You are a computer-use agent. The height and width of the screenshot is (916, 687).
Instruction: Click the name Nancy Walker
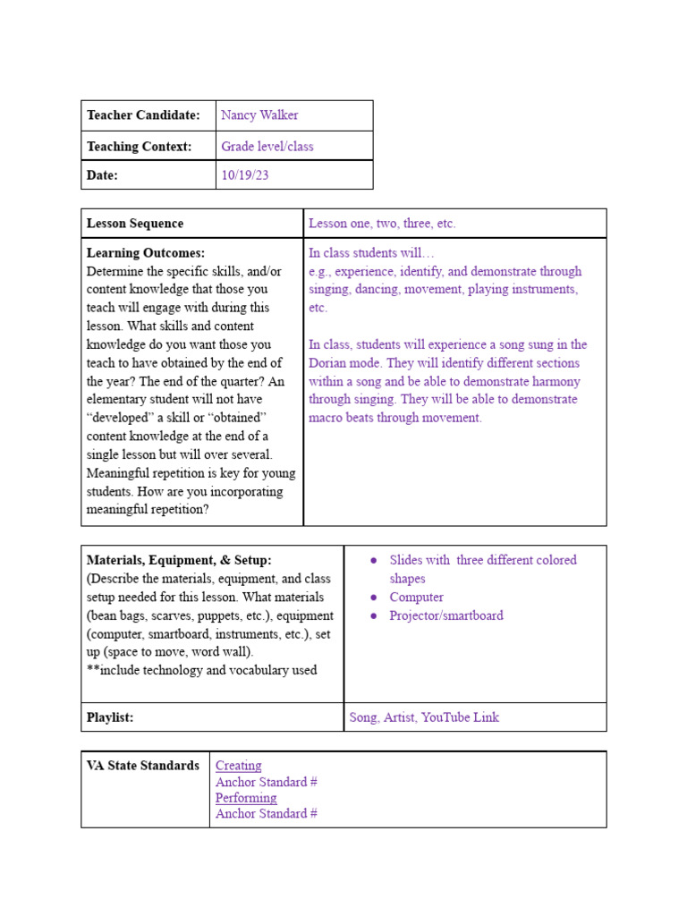point(259,115)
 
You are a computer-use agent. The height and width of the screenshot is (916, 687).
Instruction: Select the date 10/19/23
point(244,175)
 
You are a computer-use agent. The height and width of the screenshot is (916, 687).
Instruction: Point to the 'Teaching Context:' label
point(139,146)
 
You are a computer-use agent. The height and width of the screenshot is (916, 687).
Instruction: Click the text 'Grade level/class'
point(267,146)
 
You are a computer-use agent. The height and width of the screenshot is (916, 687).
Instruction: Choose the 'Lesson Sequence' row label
point(135,224)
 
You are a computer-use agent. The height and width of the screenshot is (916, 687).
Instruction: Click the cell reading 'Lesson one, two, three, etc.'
point(382,224)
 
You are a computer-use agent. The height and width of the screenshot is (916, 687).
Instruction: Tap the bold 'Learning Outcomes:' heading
point(146,253)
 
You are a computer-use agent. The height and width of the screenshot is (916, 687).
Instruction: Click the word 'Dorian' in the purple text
point(329,363)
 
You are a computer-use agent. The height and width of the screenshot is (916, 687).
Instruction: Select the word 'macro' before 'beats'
point(327,418)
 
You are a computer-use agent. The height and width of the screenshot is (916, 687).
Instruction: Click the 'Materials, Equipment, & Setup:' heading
point(179,560)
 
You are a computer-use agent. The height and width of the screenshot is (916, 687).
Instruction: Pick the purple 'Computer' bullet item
point(416,597)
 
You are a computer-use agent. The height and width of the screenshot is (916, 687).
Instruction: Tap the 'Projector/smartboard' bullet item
point(445,615)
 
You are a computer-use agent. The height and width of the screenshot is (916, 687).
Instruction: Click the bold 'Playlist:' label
point(110,717)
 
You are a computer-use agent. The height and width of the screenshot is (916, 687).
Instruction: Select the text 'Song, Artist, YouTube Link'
point(424,717)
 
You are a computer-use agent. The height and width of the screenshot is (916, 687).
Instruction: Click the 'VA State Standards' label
point(143,766)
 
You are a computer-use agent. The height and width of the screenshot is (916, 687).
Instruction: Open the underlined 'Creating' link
point(238,766)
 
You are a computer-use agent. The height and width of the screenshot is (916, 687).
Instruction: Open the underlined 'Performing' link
point(246,798)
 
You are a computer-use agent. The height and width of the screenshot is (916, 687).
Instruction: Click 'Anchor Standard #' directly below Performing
point(267,814)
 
